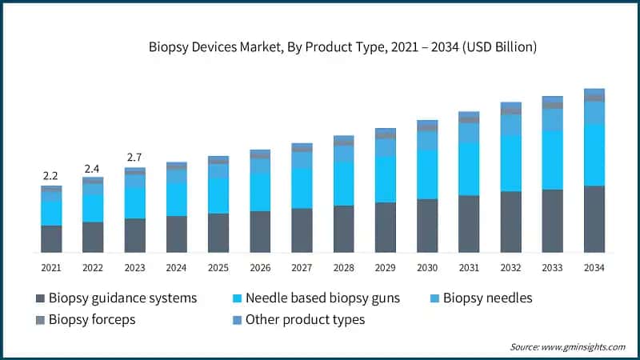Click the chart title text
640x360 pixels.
coord(342,47)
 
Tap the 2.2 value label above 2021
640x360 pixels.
coord(51,175)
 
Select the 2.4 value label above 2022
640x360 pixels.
coord(93,168)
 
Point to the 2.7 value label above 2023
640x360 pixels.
coord(134,158)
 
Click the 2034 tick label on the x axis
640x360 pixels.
coord(594,267)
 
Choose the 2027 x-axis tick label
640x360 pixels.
coord(302,267)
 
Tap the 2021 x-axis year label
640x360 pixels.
coord(51,267)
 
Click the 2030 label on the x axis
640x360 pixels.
coord(427,267)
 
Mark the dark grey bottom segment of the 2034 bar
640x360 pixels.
coord(594,219)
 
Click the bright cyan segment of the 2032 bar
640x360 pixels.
coord(510,163)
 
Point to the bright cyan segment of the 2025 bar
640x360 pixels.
coord(218,195)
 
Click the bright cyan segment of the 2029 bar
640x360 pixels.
coord(386,179)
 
